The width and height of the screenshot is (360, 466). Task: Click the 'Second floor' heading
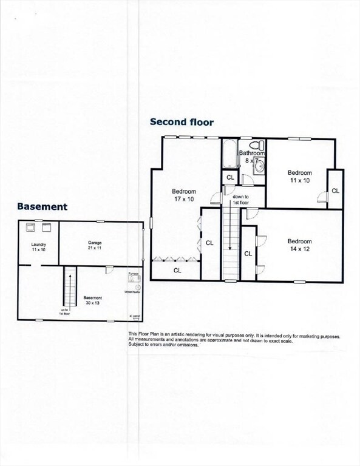(182, 122)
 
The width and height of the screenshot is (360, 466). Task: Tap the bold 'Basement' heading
(42, 206)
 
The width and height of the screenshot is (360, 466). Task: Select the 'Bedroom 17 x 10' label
(183, 195)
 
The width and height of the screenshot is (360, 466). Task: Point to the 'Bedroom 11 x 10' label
(299, 177)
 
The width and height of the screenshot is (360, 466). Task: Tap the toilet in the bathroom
(259, 146)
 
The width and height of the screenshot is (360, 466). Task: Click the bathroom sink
(259, 166)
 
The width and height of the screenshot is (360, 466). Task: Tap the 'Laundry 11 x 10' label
(39, 247)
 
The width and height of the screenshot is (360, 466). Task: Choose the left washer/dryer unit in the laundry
(30, 228)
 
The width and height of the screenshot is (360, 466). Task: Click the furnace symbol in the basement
(134, 279)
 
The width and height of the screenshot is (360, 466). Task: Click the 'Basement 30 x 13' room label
(93, 300)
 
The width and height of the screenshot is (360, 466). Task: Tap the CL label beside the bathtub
(230, 177)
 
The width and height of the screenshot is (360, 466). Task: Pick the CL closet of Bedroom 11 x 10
(335, 190)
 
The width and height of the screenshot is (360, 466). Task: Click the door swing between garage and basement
(109, 269)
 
